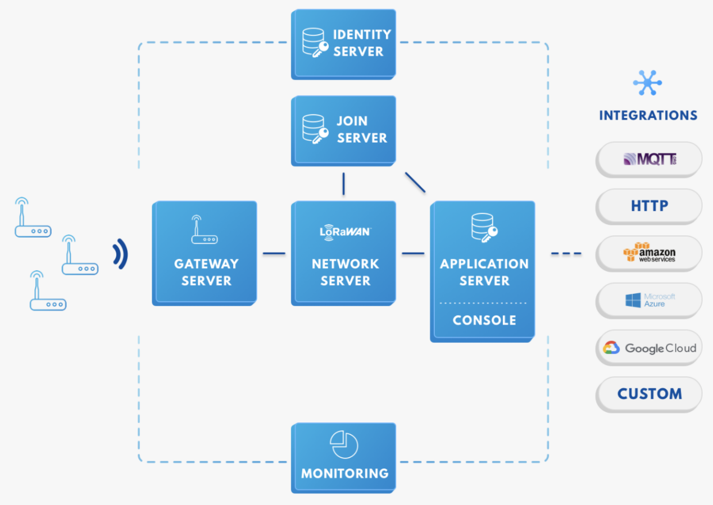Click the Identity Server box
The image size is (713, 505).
[x=343, y=44]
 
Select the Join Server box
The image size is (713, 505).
[x=343, y=131]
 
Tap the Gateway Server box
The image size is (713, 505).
[x=205, y=253]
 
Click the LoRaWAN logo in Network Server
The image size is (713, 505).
[x=346, y=232]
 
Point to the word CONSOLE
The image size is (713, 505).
[x=484, y=320]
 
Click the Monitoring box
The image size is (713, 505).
[x=343, y=458]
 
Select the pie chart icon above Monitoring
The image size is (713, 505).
[x=344, y=444]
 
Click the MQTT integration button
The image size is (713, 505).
[x=649, y=159]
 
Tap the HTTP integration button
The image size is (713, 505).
[x=649, y=206]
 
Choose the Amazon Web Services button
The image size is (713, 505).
[x=649, y=253]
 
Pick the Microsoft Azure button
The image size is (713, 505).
[x=649, y=301]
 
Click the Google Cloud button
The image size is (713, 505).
[x=649, y=348]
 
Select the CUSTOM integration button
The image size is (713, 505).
[x=649, y=394]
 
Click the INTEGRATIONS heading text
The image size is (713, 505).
[x=648, y=116]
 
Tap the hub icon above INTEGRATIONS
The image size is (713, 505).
[x=647, y=83]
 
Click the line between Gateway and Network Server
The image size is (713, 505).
[x=274, y=253]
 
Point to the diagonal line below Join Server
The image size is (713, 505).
[x=415, y=183]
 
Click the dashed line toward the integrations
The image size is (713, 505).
[x=566, y=253]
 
